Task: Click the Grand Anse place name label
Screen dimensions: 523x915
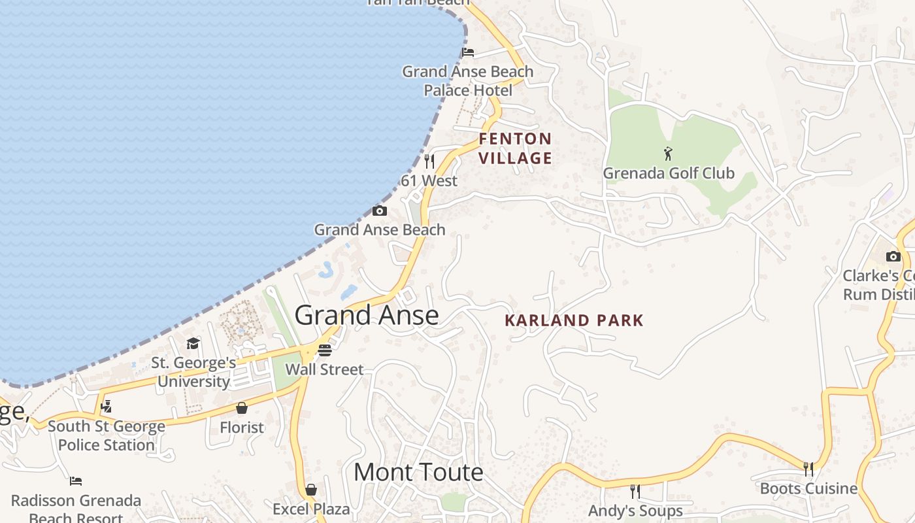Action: pos(367,315)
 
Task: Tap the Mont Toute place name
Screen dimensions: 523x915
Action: pos(418,472)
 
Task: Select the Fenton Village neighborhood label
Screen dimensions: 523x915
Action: pos(516,148)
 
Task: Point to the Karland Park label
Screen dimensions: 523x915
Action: pos(574,320)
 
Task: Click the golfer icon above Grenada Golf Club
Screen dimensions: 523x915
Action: pos(668,154)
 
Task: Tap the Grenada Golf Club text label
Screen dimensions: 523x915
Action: pos(669,173)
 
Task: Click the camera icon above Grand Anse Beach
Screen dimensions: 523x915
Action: pos(380,211)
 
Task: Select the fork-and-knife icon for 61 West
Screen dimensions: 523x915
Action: pos(429,161)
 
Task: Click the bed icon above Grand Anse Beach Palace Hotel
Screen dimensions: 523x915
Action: pos(468,52)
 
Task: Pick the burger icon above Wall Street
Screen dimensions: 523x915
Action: pos(325,350)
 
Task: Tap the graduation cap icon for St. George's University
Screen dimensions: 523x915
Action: pos(193,344)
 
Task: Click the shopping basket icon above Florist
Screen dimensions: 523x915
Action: pos(242,408)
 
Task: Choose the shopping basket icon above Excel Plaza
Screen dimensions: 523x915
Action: pos(311,490)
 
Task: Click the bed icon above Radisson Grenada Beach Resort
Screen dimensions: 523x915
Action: pos(76,481)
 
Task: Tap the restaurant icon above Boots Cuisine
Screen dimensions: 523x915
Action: pos(808,469)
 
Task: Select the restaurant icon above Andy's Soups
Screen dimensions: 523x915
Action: pos(635,491)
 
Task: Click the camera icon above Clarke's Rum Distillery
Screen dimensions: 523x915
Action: pos(893,256)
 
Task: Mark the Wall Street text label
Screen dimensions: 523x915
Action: pos(325,369)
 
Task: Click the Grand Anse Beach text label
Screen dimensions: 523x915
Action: pos(380,229)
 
